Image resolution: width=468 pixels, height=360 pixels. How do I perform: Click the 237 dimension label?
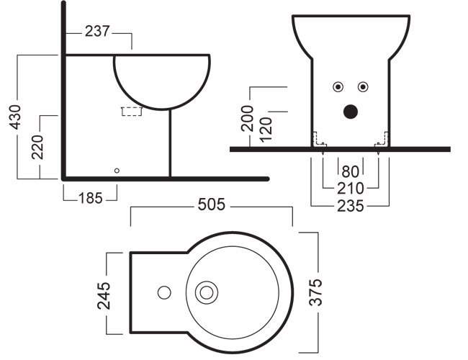click(98, 31)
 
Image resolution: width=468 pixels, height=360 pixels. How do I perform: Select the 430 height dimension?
click(15, 117)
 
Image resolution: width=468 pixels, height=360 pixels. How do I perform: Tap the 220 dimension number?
click(37, 147)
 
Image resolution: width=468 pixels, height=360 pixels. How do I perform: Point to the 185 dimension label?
click(91, 198)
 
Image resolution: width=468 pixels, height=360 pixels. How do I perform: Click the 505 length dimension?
click(211, 204)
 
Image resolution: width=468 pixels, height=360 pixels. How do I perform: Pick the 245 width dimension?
click(104, 295)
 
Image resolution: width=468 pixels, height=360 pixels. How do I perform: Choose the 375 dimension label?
click(315, 292)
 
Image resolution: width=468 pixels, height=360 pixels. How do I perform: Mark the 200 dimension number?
click(247, 118)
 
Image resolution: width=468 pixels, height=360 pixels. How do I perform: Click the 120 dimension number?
click(266, 130)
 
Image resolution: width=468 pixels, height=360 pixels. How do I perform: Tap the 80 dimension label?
click(351, 172)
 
